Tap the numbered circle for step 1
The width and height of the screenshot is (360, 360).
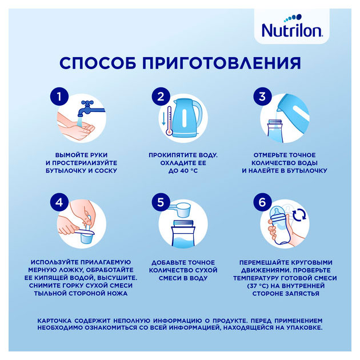click(x=59, y=97)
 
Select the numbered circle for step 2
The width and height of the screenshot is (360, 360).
click(x=161, y=97)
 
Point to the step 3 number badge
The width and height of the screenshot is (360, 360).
click(x=262, y=97)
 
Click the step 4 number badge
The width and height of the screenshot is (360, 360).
click(x=59, y=202)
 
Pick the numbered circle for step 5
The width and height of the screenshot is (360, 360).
click(x=161, y=202)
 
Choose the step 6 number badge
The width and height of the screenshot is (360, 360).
click(x=262, y=202)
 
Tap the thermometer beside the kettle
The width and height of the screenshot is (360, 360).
click(x=170, y=121)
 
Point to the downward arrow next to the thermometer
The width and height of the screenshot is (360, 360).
click(x=163, y=118)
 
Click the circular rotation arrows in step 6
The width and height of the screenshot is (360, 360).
click(x=299, y=215)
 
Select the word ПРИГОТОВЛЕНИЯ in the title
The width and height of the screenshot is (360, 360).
click(x=222, y=63)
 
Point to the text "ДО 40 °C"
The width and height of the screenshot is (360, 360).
click(x=183, y=171)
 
